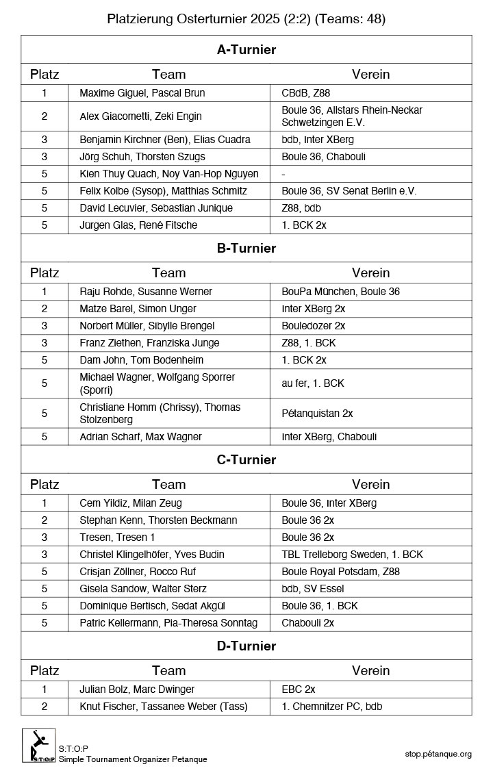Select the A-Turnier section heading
pyautogui.click(x=246, y=49)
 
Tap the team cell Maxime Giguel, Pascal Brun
pyautogui.click(x=142, y=93)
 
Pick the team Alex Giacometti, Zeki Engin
pyautogui.click(x=140, y=116)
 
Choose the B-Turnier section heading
pyautogui.click(x=246, y=248)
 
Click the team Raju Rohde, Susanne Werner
pyautogui.click(x=146, y=292)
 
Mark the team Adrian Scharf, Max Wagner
pyautogui.click(x=140, y=437)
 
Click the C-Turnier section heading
pyautogui.click(x=246, y=459)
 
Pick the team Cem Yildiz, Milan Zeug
pyautogui.click(x=131, y=503)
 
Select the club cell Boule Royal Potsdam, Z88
pyautogui.click(x=340, y=572)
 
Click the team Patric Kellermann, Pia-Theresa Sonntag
pyautogui.click(x=168, y=623)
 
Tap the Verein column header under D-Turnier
pyautogui.click(x=370, y=671)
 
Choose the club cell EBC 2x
pyautogui.click(x=299, y=689)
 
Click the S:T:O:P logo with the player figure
pyautogui.click(x=38, y=746)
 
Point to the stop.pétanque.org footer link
pyautogui.click(x=438, y=754)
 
